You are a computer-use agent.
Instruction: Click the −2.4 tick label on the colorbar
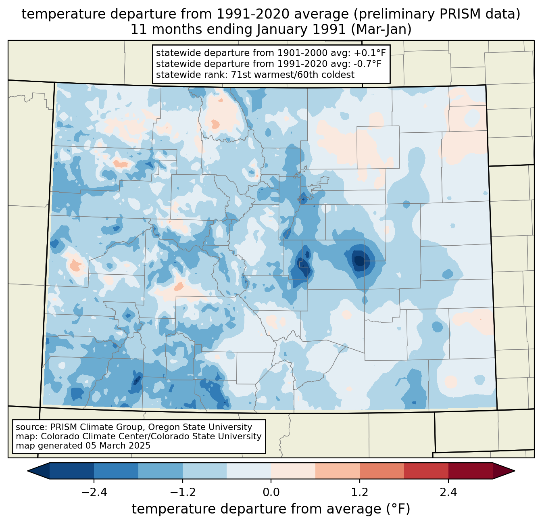point(94,492)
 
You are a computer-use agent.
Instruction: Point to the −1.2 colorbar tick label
point(183,492)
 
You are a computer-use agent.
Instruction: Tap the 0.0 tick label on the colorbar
point(271,492)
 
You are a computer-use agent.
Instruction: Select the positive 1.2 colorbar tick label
point(360,492)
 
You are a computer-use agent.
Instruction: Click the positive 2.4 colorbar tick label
point(448,492)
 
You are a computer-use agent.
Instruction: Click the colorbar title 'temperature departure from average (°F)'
point(271,509)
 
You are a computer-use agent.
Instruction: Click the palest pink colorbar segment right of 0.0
point(293,471)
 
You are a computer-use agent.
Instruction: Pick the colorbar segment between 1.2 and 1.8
point(382,471)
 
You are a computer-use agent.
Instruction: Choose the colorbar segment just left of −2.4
point(72,471)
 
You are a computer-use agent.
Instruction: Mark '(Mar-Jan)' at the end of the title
point(381,29)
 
